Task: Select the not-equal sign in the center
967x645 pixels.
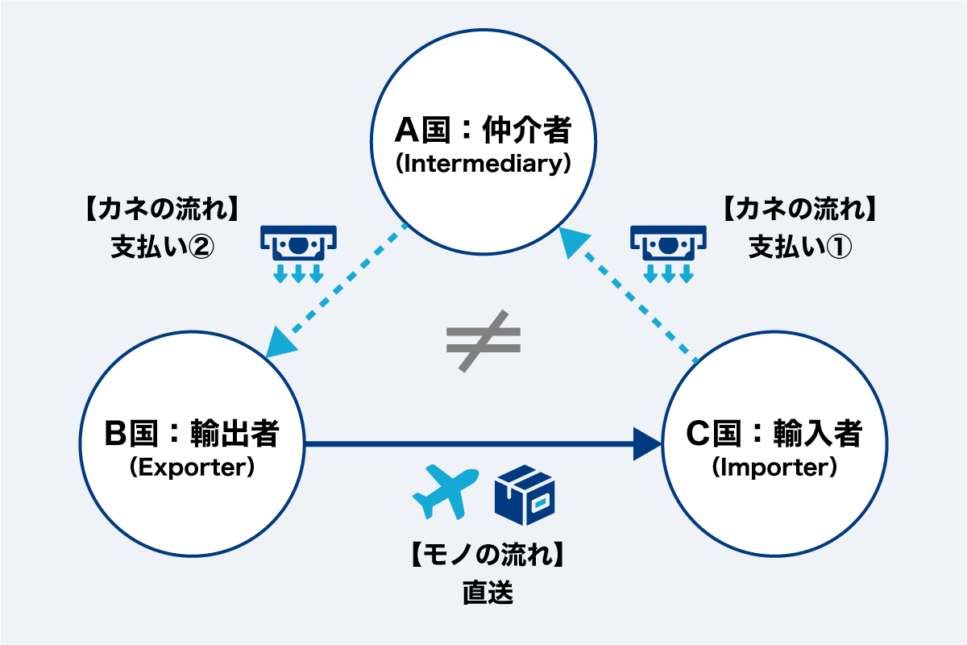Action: point(483,340)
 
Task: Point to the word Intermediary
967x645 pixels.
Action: point(483,164)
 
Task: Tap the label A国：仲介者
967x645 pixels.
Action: point(483,129)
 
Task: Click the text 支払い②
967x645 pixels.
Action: point(162,247)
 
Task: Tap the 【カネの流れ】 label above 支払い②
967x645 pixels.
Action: point(162,210)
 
